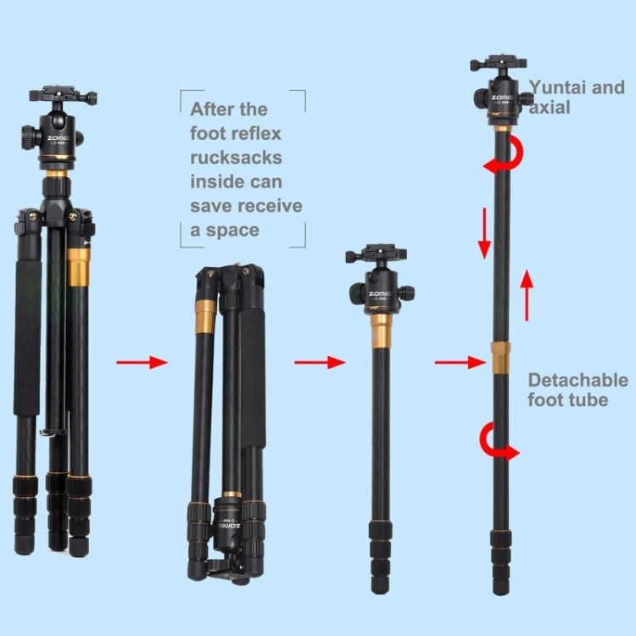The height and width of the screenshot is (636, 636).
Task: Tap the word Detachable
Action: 577,380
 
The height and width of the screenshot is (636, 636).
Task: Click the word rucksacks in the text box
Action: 236,158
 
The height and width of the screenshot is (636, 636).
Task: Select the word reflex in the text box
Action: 249,134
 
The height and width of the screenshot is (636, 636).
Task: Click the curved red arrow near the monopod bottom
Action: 499,442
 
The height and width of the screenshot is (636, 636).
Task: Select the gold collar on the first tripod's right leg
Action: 80,261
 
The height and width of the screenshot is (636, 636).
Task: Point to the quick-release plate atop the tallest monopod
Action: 498,64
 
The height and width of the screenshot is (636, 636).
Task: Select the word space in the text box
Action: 233,230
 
